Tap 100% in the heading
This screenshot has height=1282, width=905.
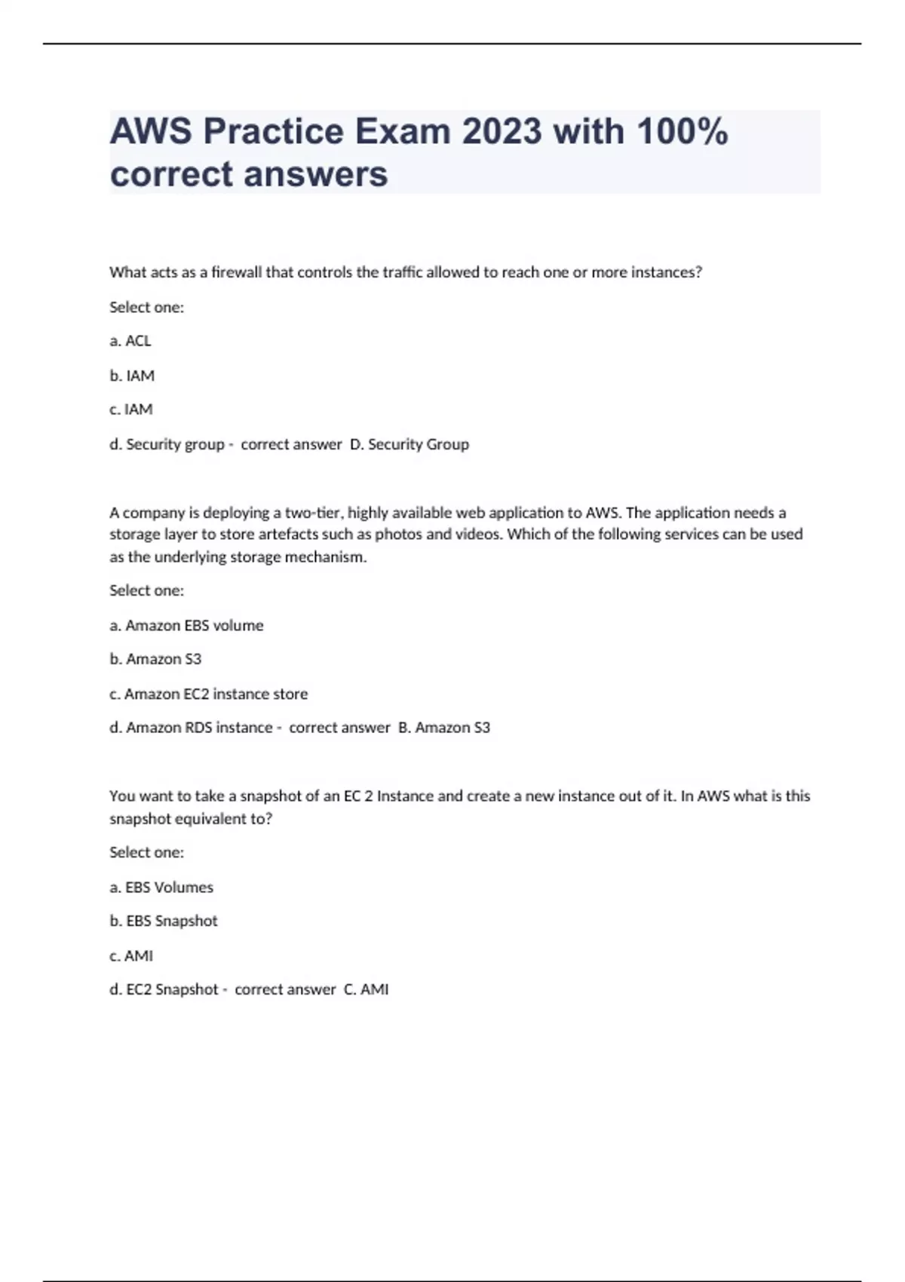click(682, 131)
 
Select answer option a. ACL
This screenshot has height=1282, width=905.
click(130, 341)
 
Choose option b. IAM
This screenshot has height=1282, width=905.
click(132, 376)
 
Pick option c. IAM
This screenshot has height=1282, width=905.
click(131, 409)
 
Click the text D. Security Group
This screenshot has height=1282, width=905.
click(410, 444)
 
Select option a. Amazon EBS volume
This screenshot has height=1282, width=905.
click(186, 625)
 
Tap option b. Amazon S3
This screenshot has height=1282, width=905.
click(155, 659)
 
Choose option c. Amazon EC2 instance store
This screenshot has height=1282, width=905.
click(208, 694)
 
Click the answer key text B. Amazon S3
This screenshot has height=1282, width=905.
click(444, 728)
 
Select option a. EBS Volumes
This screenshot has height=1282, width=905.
click(161, 888)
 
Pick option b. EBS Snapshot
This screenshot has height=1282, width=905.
click(164, 922)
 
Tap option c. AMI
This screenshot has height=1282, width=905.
click(131, 956)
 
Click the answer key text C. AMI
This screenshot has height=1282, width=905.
click(367, 989)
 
